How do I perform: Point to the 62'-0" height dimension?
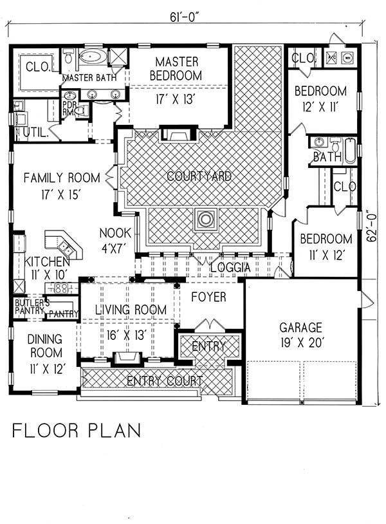372,225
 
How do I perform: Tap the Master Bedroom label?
176,69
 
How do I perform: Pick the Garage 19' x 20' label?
301,335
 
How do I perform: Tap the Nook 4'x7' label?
115,240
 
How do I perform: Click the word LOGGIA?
230,267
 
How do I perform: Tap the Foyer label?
208,297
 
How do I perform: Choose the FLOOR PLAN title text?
77,431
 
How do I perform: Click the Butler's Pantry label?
30,307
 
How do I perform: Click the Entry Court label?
165,380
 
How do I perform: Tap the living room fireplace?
126,357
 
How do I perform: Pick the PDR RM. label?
69,108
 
